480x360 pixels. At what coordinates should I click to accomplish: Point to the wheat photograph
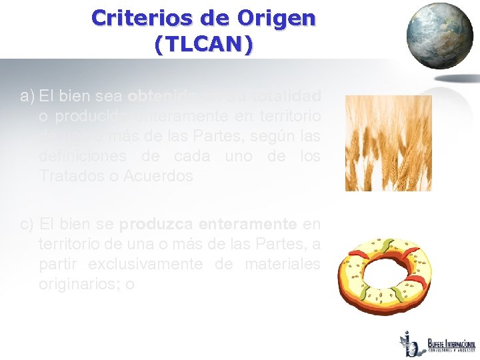pyautogui.click(x=387, y=143)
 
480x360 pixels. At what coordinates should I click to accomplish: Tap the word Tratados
pyautogui.click(x=67, y=176)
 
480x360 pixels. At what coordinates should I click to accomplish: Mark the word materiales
pyautogui.click(x=280, y=263)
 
